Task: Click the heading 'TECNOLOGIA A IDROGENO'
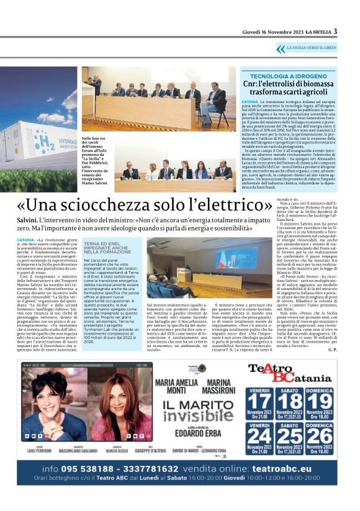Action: pyautogui.click(x=287, y=75)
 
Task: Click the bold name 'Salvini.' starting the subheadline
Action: pyautogui.click(x=27, y=221)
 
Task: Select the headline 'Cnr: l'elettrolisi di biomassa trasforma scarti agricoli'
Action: pyautogui.click(x=288, y=88)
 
